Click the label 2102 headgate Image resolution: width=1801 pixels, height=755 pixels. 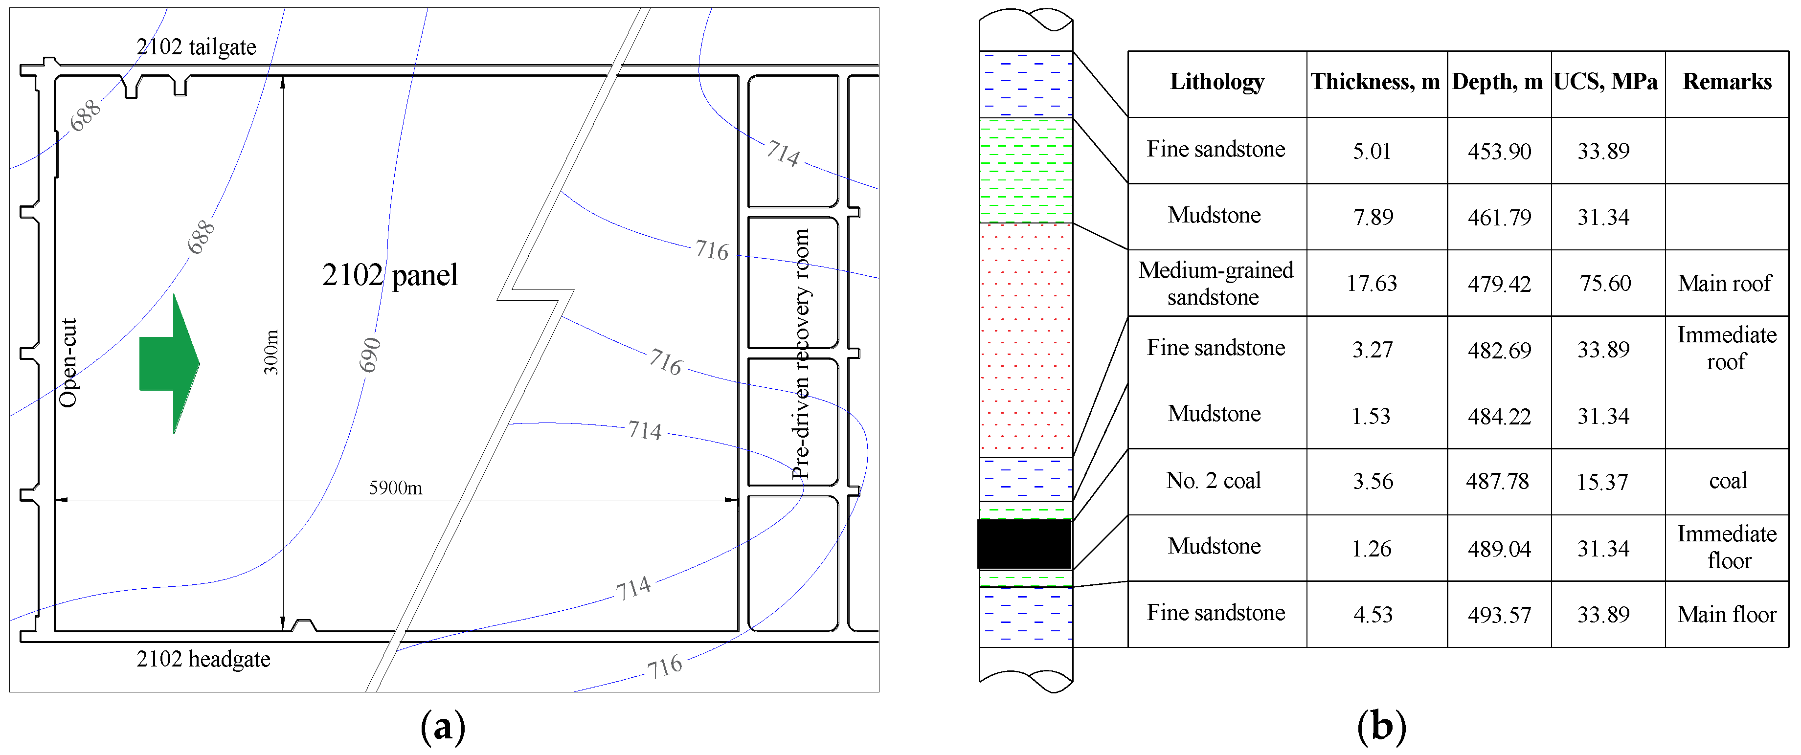pyautogui.click(x=203, y=659)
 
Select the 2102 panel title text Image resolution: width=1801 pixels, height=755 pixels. pyautogui.click(x=389, y=275)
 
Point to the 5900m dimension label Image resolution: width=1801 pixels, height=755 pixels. pyautogui.click(x=395, y=487)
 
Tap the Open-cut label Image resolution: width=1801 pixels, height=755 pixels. pyautogui.click(x=68, y=362)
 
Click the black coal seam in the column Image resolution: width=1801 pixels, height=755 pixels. pyautogui.click(x=1024, y=544)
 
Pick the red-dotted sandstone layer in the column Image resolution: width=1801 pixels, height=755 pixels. pyautogui.click(x=1026, y=339)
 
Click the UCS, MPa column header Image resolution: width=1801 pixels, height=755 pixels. pyautogui.click(x=1605, y=82)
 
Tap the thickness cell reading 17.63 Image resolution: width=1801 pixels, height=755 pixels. pyautogui.click(x=1372, y=283)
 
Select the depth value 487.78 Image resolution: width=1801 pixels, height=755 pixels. pyautogui.click(x=1498, y=481)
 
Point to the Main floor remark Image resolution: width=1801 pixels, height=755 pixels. pyautogui.click(x=1726, y=614)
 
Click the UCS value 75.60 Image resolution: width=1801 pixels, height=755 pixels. pyautogui.click(x=1605, y=283)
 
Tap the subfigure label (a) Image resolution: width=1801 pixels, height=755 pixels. pyautogui.click(x=443, y=727)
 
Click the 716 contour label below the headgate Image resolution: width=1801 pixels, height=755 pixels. pyautogui.click(x=664, y=666)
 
